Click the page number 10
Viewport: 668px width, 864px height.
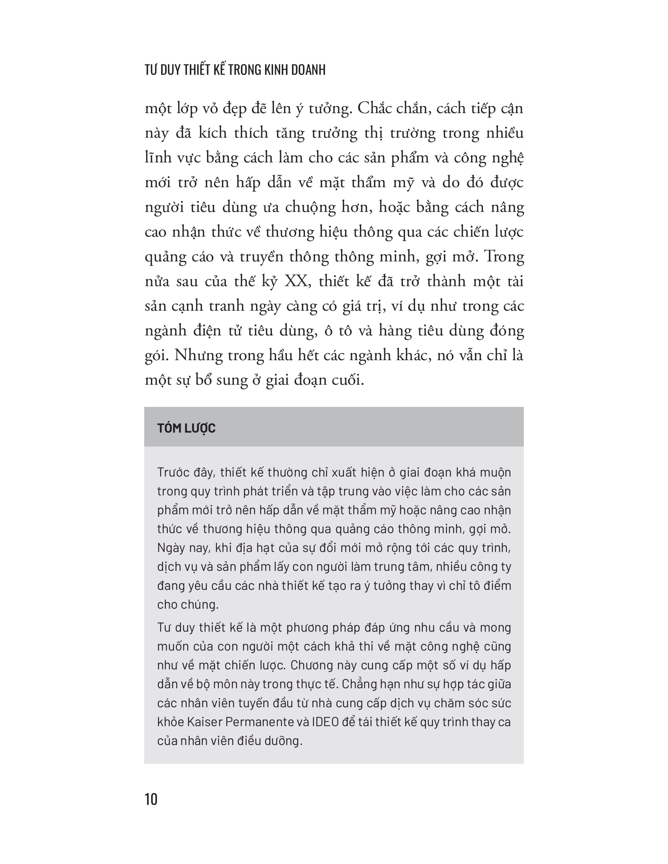tap(151, 799)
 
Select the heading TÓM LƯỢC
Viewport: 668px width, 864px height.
tap(186, 428)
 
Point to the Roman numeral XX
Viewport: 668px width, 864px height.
tap(295, 281)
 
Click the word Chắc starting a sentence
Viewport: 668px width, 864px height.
tap(374, 108)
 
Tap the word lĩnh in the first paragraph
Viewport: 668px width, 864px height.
tap(158, 158)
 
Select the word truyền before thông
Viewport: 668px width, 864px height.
tap(262, 257)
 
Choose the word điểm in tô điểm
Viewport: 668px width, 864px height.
tap(497, 586)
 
